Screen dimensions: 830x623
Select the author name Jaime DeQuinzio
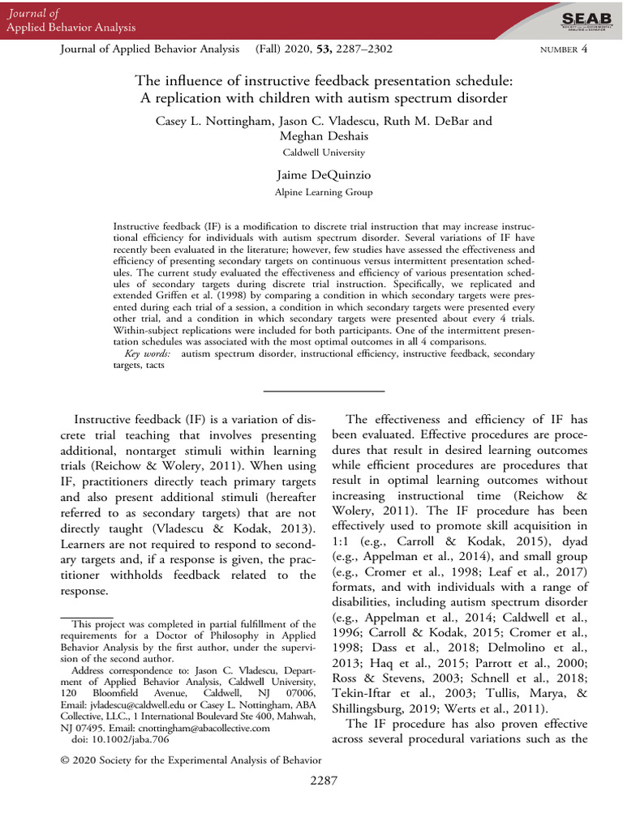324,175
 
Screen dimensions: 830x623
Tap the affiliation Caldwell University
324,152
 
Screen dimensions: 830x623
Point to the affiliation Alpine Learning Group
324,192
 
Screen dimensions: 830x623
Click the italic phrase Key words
150,354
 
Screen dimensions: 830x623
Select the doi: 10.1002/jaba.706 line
110,740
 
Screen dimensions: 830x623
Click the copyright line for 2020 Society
191,759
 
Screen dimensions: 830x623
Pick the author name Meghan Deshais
324,136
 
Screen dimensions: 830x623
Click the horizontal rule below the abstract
324,391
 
